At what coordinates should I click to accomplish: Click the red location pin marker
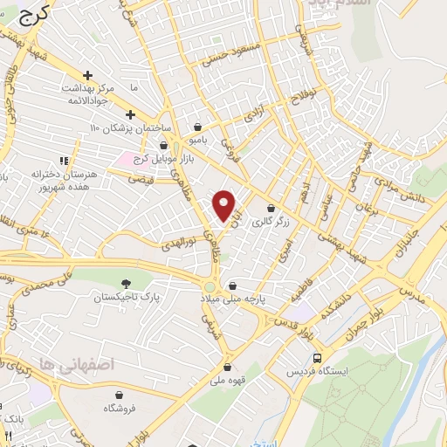[x=225, y=206]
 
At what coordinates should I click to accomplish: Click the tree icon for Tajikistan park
[x=127, y=283]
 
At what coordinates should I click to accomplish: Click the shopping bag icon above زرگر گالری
[x=271, y=209]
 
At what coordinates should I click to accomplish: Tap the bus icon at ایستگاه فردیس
[x=317, y=358]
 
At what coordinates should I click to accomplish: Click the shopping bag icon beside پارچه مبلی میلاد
[x=232, y=285]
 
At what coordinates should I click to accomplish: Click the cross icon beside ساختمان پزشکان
[x=129, y=114]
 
